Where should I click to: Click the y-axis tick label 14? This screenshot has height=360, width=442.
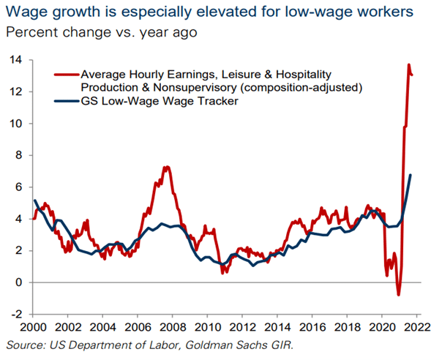(x=14, y=60)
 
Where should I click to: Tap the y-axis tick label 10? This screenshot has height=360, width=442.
(x=14, y=124)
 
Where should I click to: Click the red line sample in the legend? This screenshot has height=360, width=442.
(x=65, y=75)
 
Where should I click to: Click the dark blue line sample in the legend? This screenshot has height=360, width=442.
(x=65, y=102)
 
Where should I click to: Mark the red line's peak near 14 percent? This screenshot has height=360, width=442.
(x=408, y=65)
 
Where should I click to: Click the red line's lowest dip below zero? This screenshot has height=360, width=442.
(x=399, y=294)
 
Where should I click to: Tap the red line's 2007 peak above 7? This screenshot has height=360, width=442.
(x=166, y=167)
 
